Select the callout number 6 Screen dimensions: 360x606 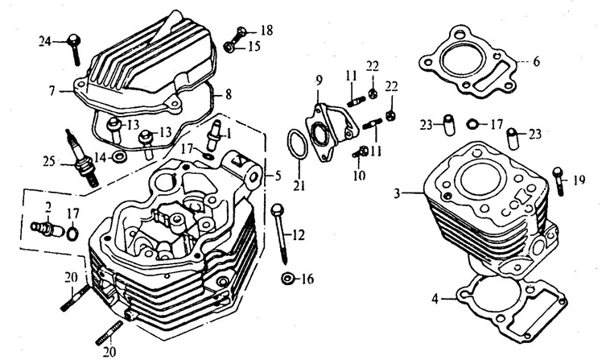[x=537, y=60]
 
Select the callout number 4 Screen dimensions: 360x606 [x=435, y=299]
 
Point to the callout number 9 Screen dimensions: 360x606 [x=319, y=79]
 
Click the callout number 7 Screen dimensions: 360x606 [x=51, y=92]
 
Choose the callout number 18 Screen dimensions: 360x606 [x=267, y=30]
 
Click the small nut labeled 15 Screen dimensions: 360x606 [x=229, y=47]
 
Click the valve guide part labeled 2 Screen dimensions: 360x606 [x=47, y=229]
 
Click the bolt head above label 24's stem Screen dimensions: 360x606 [x=73, y=37]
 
